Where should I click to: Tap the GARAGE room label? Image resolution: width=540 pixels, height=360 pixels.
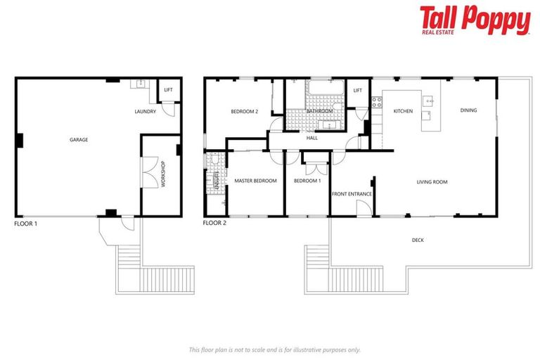click(79, 140)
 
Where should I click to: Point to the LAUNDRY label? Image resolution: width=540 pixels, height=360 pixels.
click(145, 112)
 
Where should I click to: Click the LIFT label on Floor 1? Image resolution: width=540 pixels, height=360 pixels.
click(168, 90)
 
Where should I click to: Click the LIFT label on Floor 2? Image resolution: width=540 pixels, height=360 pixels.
click(358, 90)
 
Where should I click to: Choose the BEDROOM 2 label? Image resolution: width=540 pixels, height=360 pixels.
click(245, 112)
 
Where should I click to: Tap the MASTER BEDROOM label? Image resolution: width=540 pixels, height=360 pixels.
click(256, 181)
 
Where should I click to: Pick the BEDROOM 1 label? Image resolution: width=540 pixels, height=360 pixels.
click(307, 181)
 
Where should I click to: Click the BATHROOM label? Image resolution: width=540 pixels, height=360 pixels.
click(319, 111)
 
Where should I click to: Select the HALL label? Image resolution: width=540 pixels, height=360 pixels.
click(312, 138)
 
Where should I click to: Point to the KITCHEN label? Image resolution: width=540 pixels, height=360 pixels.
click(403, 111)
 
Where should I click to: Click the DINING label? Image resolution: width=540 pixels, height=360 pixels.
click(468, 110)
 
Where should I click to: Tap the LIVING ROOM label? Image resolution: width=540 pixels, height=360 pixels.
click(432, 182)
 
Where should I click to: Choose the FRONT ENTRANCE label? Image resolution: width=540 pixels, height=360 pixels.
click(352, 194)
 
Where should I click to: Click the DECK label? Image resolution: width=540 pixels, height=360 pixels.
click(418, 240)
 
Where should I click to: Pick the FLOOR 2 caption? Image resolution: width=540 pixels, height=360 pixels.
click(214, 223)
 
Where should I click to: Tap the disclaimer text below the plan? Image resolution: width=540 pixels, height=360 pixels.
click(274, 349)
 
